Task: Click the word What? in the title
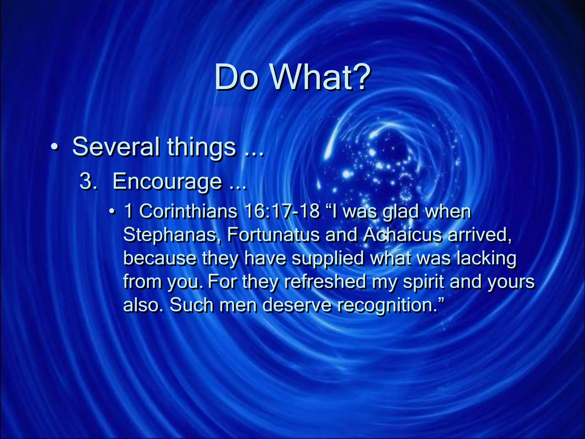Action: [x=320, y=77]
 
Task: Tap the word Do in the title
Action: [x=236, y=77]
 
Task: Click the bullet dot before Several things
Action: [x=55, y=147]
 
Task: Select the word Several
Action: [x=116, y=147]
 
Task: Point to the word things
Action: [x=201, y=147]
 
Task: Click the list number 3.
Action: [x=88, y=182]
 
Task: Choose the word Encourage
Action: [x=167, y=182]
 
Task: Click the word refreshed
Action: [x=325, y=282]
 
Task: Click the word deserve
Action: [x=297, y=305]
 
